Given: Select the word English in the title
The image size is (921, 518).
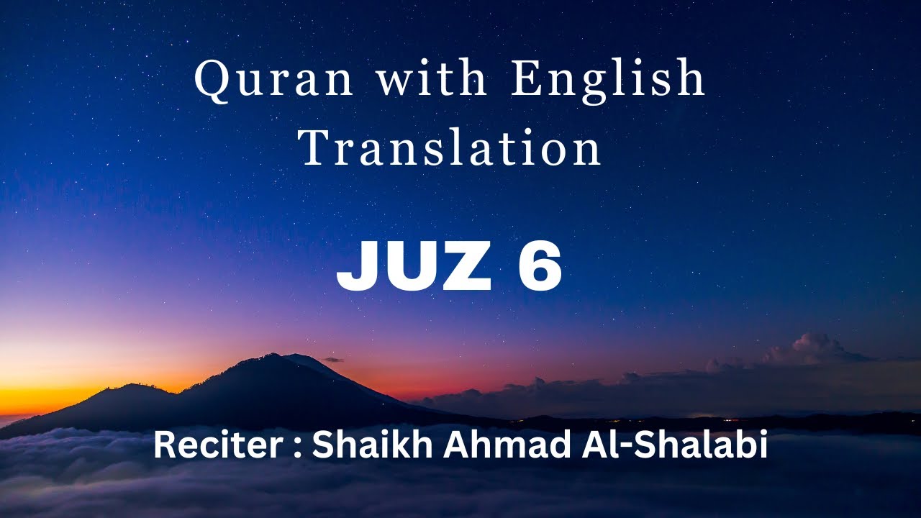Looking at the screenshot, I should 608,80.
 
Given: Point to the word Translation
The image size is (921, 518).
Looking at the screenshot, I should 450,149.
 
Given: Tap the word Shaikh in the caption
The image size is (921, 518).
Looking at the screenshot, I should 373,446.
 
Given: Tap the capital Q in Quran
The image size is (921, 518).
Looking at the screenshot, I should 211,80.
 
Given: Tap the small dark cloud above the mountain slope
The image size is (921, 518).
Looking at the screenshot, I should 332,359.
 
